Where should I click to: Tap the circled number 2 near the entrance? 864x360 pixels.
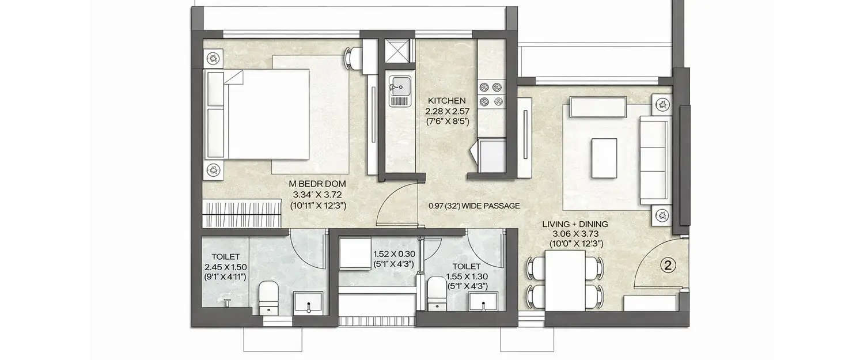coord(668,266)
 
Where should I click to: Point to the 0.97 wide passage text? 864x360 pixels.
coord(474,206)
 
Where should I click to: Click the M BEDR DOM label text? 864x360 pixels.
coord(313,184)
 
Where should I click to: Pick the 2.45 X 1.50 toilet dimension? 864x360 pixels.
coord(225,267)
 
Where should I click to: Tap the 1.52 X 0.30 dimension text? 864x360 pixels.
coord(395,253)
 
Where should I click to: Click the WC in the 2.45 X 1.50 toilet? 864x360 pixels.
coord(268,295)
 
